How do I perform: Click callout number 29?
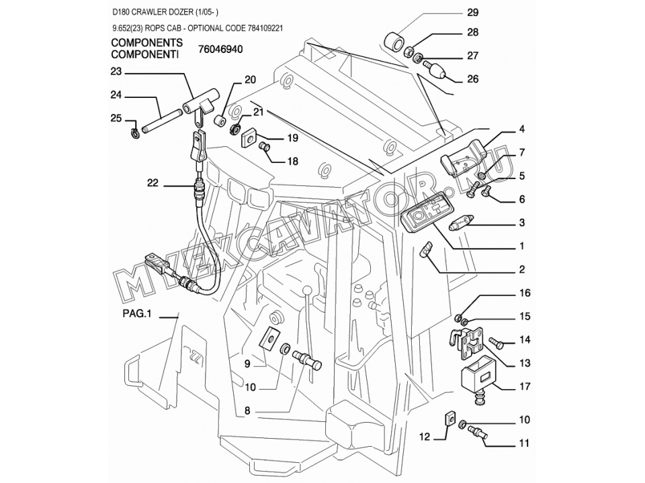[x=472, y=13]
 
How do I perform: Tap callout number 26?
[x=472, y=79]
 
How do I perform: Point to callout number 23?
[x=116, y=72]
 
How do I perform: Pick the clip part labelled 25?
[x=133, y=133]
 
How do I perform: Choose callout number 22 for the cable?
[x=153, y=182]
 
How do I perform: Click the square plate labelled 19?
[x=249, y=138]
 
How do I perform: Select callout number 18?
[x=292, y=162]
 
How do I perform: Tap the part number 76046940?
[x=220, y=49]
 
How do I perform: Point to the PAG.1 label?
[x=137, y=314]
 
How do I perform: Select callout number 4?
[x=521, y=129]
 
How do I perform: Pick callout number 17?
[x=525, y=386]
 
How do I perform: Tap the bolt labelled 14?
[x=497, y=343]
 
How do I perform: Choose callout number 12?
[x=424, y=437]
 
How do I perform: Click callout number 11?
[x=523, y=443]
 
